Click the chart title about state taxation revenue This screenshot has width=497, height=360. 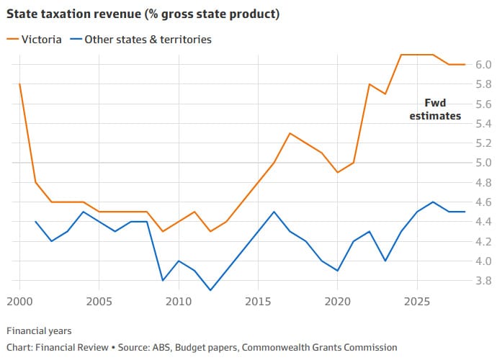pos(143,14)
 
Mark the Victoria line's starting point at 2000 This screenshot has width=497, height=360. pos(19,84)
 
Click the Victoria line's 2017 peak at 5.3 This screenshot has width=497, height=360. pos(289,133)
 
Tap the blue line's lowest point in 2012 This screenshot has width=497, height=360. pos(210,290)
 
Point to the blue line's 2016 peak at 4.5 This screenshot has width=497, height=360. pos(273,212)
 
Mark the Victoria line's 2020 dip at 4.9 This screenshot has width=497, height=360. pos(336,173)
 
